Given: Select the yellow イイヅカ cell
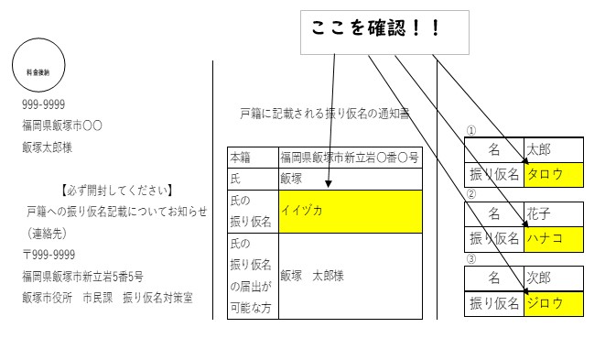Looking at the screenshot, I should [x=351, y=212].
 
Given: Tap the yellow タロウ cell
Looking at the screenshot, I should [x=553, y=173].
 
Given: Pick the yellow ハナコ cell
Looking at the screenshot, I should [x=553, y=238].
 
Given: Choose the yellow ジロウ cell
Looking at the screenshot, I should [x=553, y=302].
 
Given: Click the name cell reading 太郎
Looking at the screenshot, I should [x=553, y=149].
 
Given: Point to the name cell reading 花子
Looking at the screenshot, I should [x=553, y=214].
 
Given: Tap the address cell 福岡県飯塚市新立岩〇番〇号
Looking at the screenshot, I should [x=350, y=158].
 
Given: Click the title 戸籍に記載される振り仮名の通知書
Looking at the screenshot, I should [x=324, y=114].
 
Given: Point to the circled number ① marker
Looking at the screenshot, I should [x=471, y=131].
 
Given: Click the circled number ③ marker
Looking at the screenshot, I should [x=471, y=259].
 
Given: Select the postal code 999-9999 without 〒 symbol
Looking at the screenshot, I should [x=43, y=104].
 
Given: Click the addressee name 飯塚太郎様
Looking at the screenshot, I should [x=48, y=147].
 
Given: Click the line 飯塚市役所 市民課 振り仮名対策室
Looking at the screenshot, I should [x=108, y=298].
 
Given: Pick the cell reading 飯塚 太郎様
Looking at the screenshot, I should [x=312, y=275].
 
